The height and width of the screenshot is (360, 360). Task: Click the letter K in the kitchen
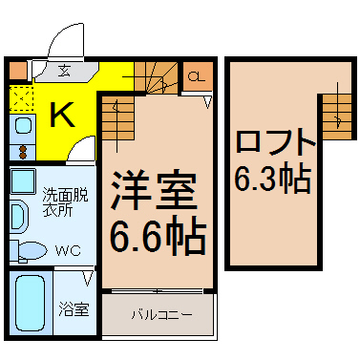[62, 115]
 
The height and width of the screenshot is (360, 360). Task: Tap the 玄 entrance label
[65, 71]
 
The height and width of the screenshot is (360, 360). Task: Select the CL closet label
[196, 76]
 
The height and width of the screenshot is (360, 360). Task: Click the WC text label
[68, 251]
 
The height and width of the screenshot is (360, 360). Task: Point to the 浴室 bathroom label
[74, 308]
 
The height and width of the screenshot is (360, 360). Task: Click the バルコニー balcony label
[162, 315]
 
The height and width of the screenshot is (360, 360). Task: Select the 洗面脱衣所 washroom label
[65, 202]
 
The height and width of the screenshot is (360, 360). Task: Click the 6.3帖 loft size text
[273, 179]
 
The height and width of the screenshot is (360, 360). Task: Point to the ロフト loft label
[274, 142]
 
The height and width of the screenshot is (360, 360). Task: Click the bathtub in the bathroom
[30, 304]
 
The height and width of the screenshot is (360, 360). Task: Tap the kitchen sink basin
[23, 126]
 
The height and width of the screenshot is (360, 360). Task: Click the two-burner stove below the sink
[22, 152]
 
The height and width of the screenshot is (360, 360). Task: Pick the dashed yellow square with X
[21, 98]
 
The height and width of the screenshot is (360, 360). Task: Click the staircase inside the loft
[337, 116]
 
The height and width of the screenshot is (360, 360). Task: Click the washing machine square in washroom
[23, 180]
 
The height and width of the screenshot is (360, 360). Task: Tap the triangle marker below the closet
[208, 102]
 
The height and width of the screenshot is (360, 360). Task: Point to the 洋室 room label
[154, 191]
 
